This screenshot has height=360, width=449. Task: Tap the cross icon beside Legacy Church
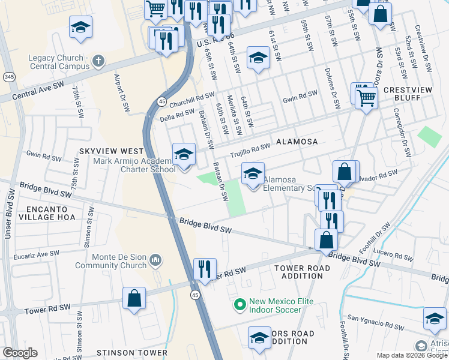pos(98,61)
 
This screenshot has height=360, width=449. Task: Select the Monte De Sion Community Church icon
pos(155,260)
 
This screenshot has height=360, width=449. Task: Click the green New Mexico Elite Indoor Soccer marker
pos(240,305)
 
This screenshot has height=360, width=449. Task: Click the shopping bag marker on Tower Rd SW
pos(134,298)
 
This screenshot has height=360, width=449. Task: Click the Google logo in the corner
pos(19,353)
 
